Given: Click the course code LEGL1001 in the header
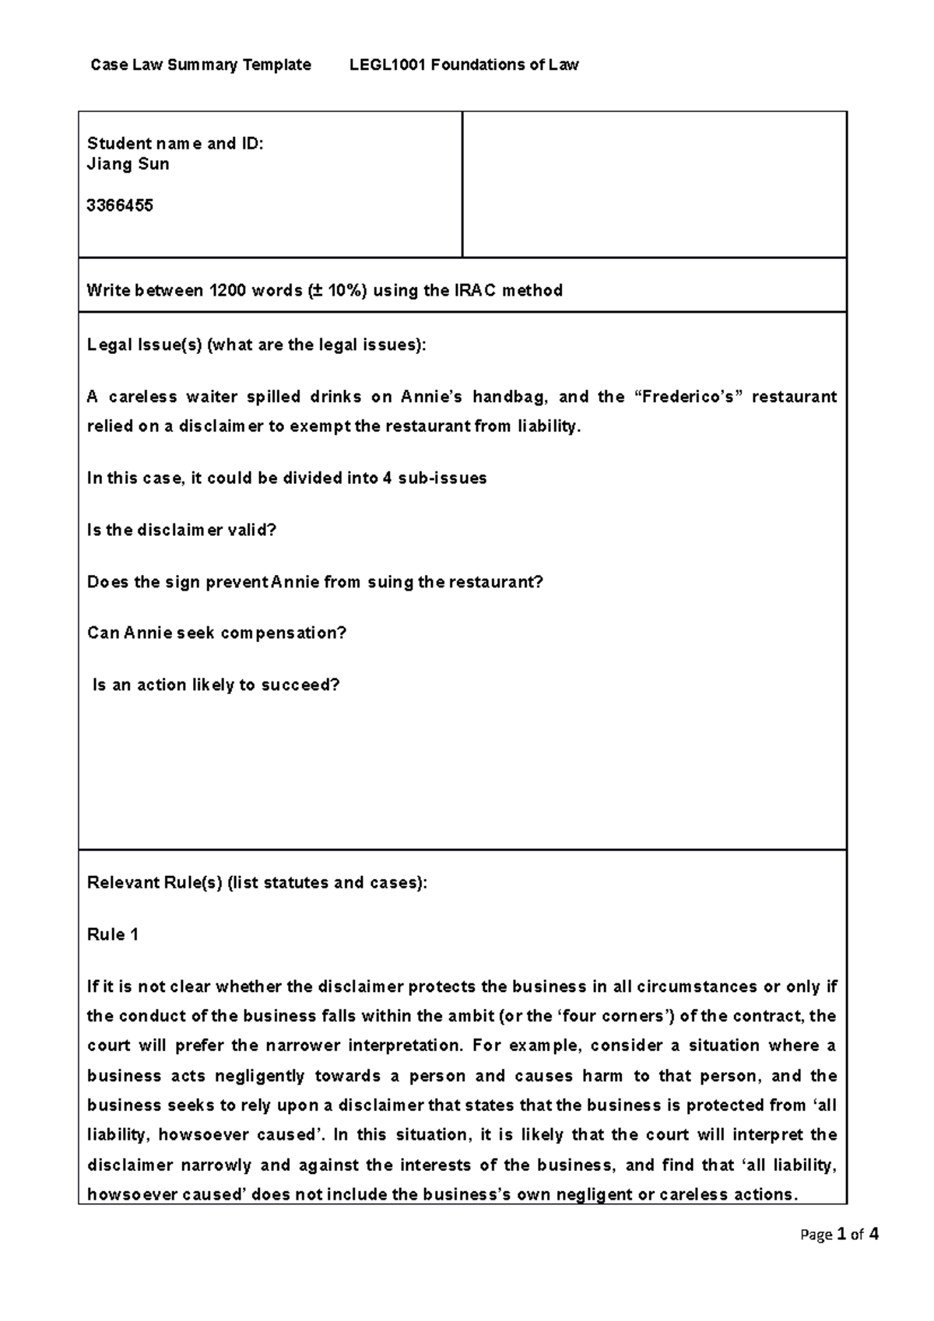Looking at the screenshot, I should [x=387, y=65].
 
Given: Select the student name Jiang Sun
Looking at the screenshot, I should [x=128, y=164].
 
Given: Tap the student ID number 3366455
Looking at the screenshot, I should [x=120, y=205].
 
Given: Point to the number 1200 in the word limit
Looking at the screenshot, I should [x=227, y=291].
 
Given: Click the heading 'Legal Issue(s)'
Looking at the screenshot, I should [x=145, y=345].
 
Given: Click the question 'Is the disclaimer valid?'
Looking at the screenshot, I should [x=181, y=531].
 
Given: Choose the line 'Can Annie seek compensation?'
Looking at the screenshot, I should [x=216, y=633].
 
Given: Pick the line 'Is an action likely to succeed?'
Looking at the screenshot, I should [x=216, y=685].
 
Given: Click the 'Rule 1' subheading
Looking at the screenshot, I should [x=113, y=935].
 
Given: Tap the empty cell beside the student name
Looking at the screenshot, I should [x=654, y=184].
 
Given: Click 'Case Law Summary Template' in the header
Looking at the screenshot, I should [x=201, y=65].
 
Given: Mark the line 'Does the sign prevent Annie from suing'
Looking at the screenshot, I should [x=314, y=582].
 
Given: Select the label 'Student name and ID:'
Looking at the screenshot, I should [x=175, y=143].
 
